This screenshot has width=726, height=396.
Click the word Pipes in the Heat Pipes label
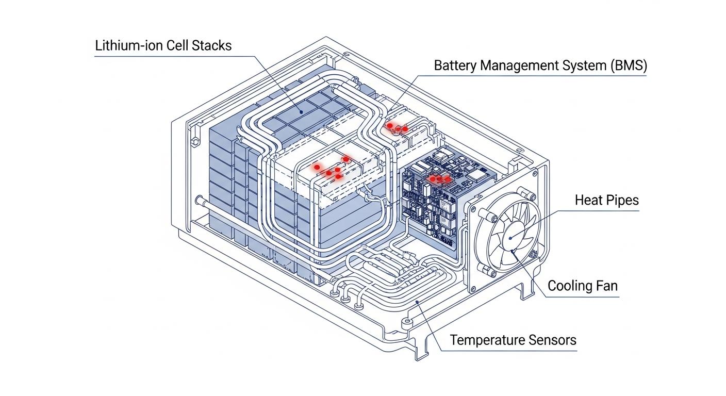pyautogui.click(x=622, y=201)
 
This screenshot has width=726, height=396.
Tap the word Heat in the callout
pyautogui.click(x=588, y=201)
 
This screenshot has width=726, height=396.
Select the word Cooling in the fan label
pyautogui.click(x=569, y=286)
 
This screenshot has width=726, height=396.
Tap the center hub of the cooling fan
pyautogui.click(x=509, y=238)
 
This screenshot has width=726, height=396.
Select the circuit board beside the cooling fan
pyautogui.click(x=438, y=201)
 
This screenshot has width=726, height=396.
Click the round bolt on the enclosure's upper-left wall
pyautogui.click(x=194, y=140)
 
